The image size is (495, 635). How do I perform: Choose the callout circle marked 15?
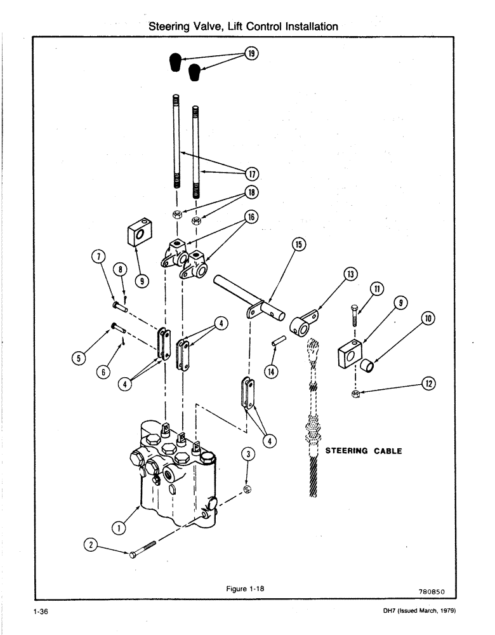click(x=298, y=244)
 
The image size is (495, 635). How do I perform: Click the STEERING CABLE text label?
click(x=363, y=451)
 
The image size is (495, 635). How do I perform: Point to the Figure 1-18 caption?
click(x=245, y=589)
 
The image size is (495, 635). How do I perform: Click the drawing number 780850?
click(x=433, y=592)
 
